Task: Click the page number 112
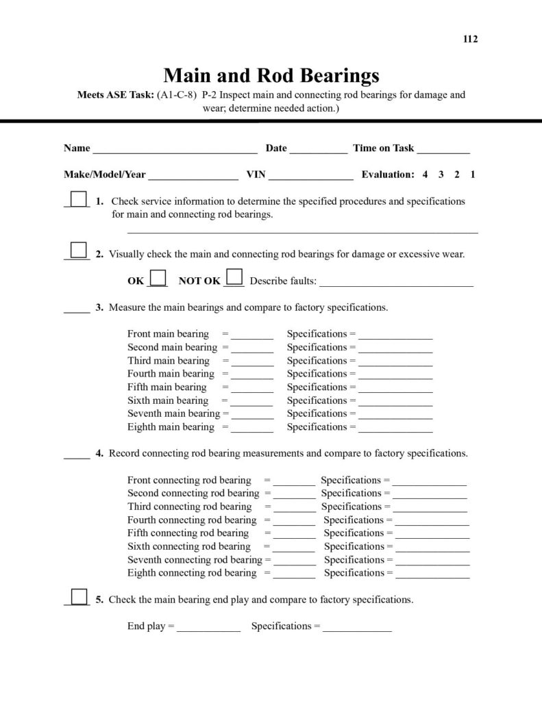tap(471, 39)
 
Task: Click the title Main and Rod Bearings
tap(271, 74)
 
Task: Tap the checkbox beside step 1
tap(79, 198)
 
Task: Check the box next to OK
tap(158, 277)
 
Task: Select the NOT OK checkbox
tap(234, 277)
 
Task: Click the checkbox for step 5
tap(79, 596)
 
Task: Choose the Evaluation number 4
tap(426, 175)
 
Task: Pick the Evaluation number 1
tap(473, 175)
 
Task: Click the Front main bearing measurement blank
tap(252, 336)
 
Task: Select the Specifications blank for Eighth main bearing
tap(395, 429)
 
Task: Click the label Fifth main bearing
tap(167, 387)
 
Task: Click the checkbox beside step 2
tap(79, 250)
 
